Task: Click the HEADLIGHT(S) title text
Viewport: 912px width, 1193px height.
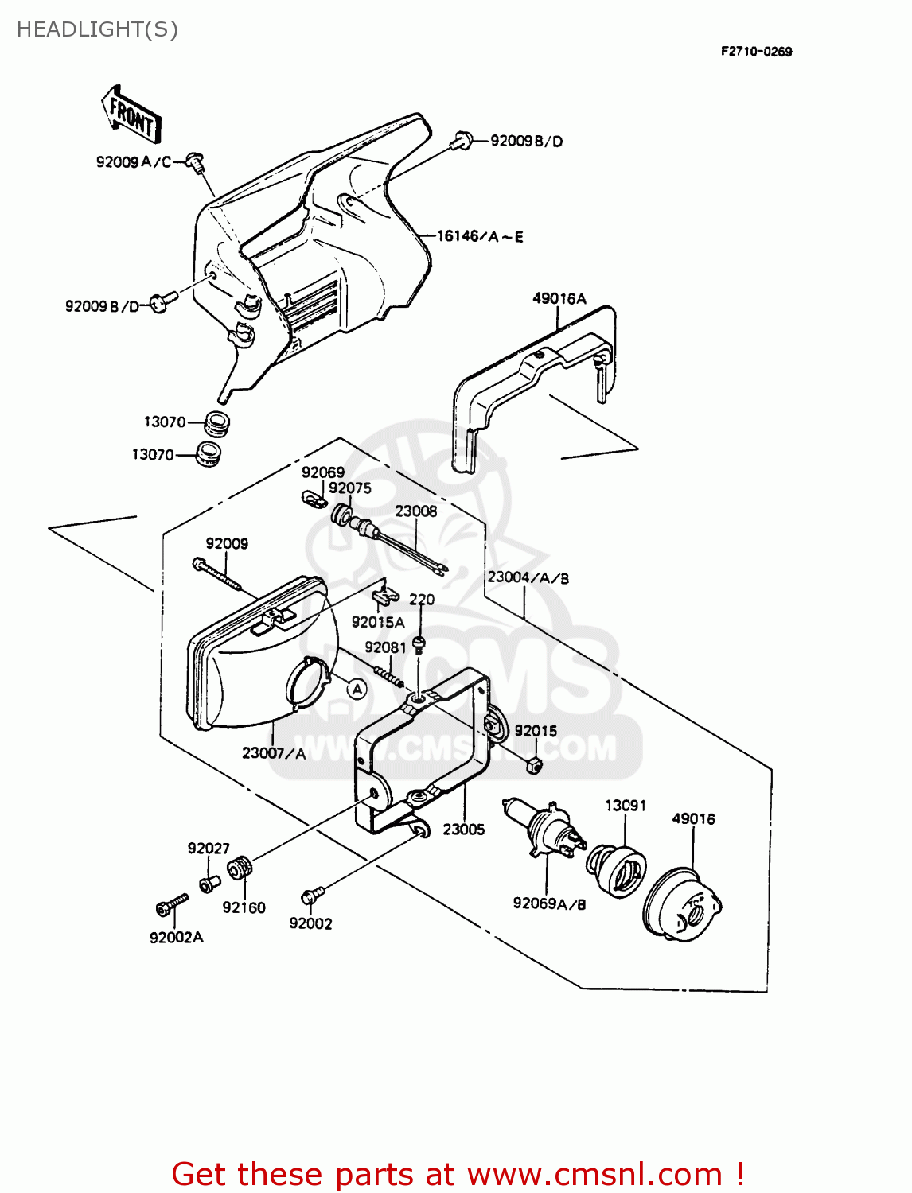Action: tap(97, 29)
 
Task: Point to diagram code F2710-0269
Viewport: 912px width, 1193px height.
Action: tap(756, 52)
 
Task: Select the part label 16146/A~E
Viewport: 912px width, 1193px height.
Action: tap(480, 236)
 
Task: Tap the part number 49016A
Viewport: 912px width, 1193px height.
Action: tap(559, 299)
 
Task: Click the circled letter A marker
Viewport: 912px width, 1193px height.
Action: tap(357, 689)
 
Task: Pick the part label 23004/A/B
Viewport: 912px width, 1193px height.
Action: tap(528, 577)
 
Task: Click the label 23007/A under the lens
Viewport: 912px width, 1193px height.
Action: tap(273, 752)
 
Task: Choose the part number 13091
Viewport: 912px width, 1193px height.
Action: tap(626, 806)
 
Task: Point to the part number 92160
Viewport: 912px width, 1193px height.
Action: tap(244, 907)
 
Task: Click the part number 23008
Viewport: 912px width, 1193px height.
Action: tap(416, 511)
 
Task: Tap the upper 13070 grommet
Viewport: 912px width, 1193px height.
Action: tap(214, 423)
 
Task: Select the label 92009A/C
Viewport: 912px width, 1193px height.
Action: tap(134, 162)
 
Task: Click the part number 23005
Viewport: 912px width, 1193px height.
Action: tap(463, 830)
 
